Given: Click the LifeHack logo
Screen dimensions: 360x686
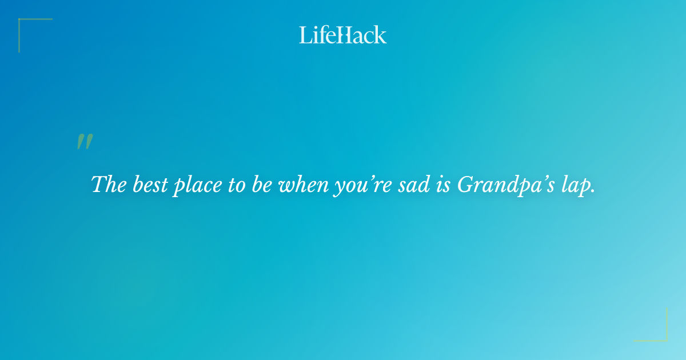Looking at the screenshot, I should (x=343, y=35).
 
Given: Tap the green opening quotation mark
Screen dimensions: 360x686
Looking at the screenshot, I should (x=85, y=142).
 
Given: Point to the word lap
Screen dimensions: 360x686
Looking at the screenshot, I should (x=576, y=185).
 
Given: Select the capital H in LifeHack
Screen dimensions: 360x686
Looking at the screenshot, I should (x=342, y=35).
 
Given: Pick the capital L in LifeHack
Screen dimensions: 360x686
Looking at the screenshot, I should (x=305, y=35).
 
